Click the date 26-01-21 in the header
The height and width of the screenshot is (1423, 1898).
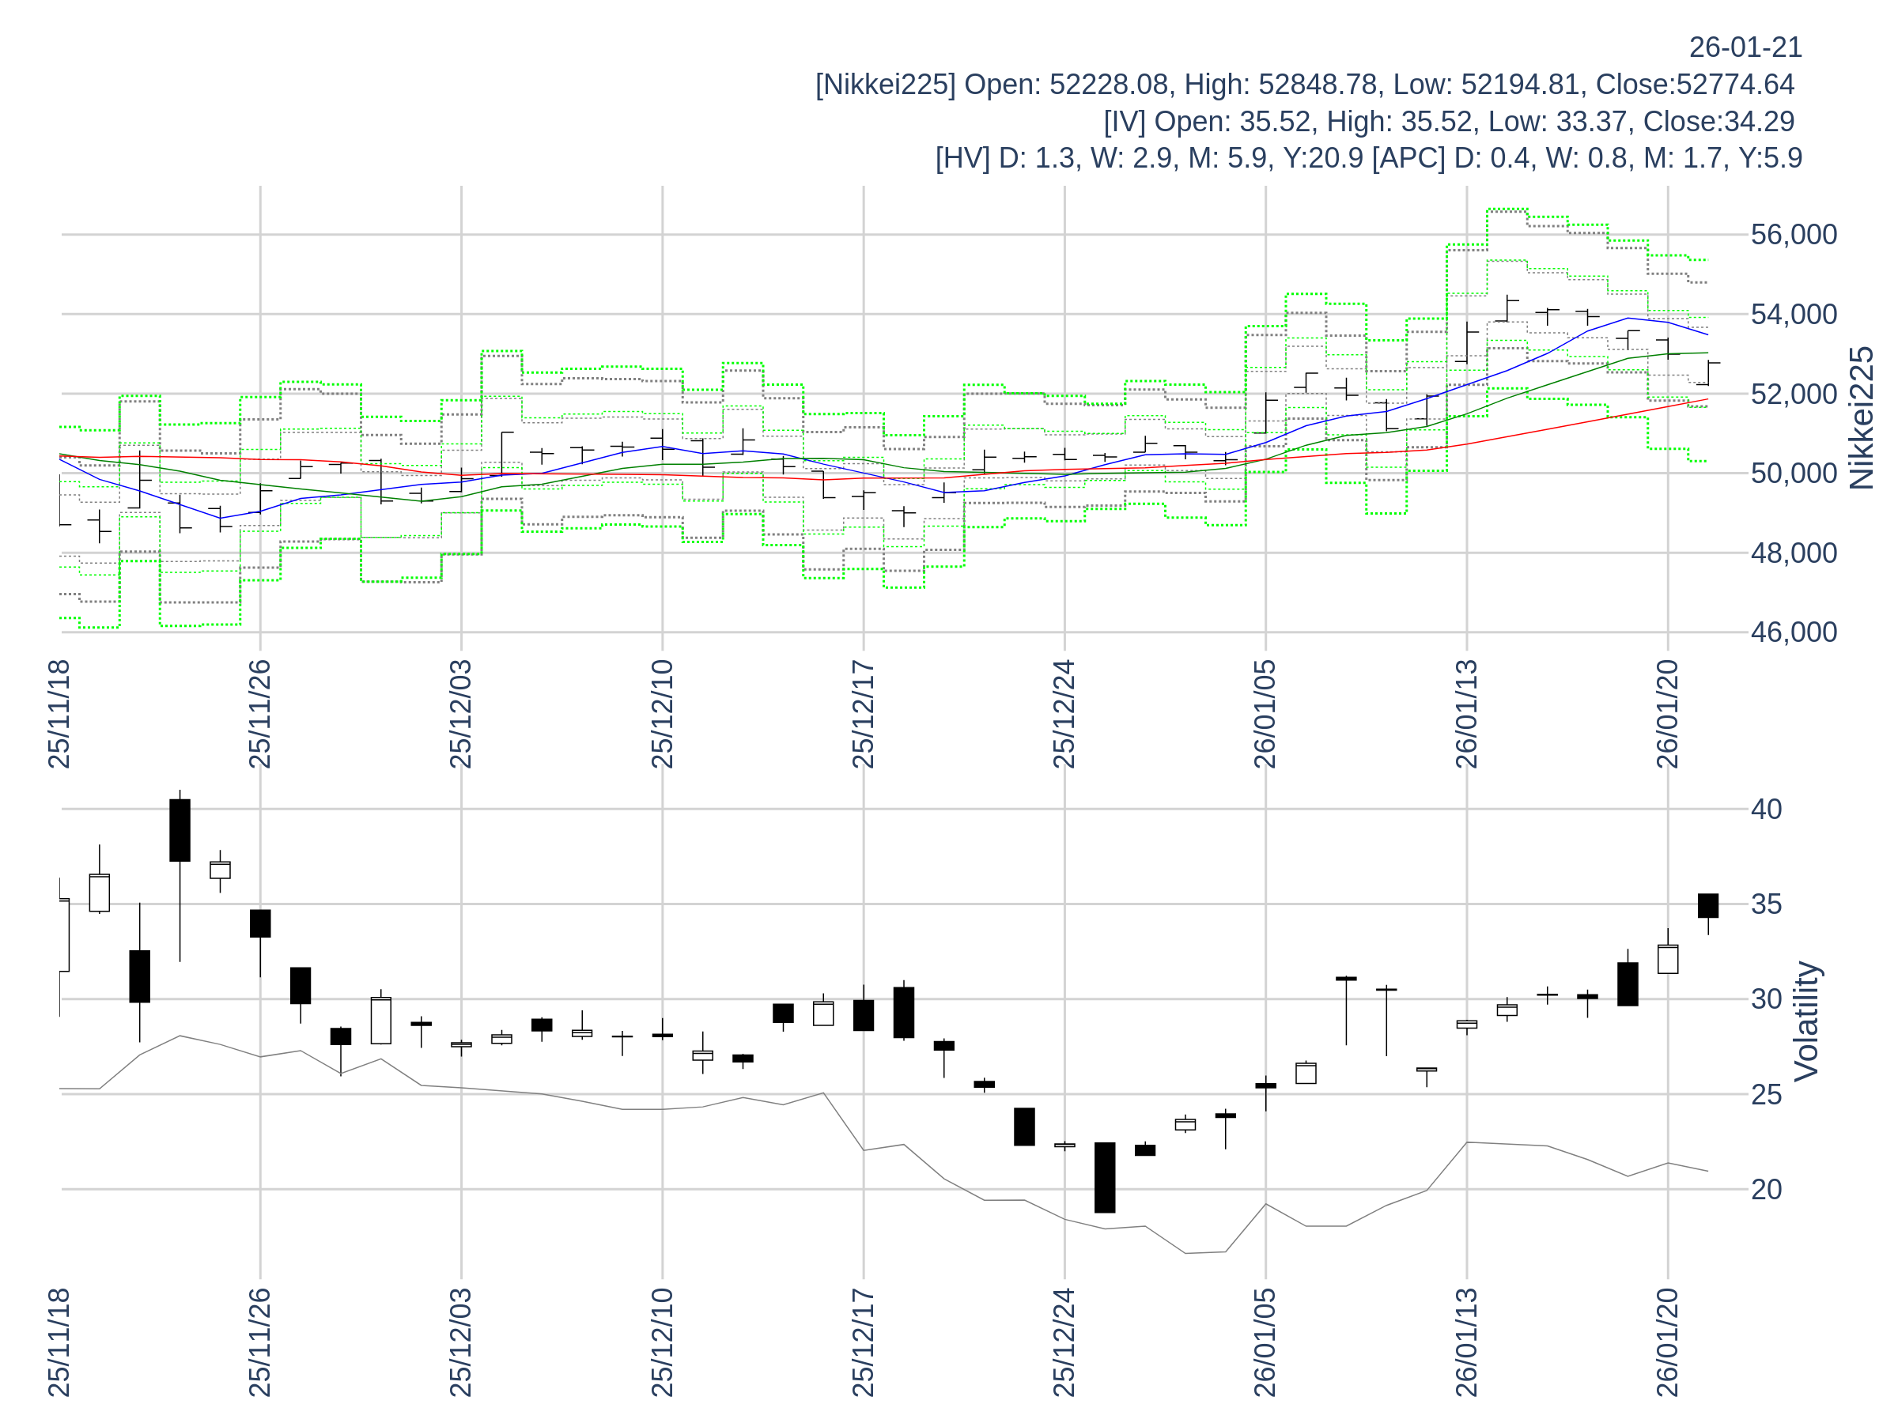[x=1745, y=47]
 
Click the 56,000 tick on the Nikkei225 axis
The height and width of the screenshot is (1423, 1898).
[x=1794, y=235]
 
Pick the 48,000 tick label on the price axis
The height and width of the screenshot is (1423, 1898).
[x=1794, y=553]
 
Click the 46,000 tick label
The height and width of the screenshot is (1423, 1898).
[x=1794, y=633]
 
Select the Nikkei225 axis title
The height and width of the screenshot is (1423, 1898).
[x=1860, y=418]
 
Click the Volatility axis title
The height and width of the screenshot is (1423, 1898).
[x=1806, y=1021]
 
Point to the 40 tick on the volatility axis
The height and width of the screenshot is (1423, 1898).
[x=1766, y=809]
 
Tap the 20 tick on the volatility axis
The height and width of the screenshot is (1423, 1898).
[x=1766, y=1190]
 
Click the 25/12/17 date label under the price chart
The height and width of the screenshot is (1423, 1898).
[x=864, y=715]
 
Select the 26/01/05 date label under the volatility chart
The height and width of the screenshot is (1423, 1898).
[x=1265, y=1342]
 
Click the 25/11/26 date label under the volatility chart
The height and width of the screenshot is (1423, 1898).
[x=260, y=1342]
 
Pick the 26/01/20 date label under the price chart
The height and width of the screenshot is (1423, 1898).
[x=1667, y=715]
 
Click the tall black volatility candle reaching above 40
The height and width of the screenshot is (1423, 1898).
[x=180, y=830]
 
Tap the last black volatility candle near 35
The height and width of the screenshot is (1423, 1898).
[x=1707, y=906]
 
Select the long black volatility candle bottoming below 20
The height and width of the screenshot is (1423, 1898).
[x=1104, y=1178]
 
